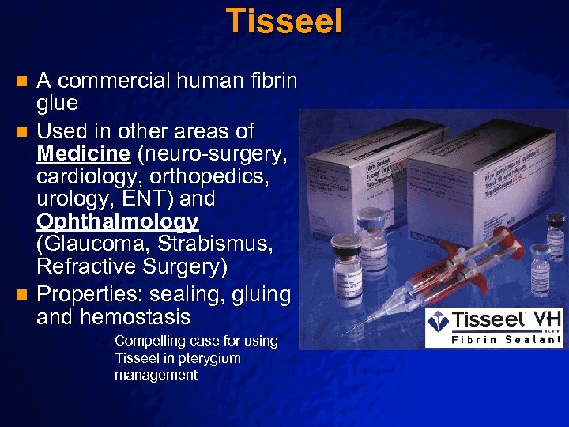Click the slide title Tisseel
[x=284, y=21]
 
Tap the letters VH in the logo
[x=548, y=319]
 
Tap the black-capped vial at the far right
[x=541, y=269]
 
